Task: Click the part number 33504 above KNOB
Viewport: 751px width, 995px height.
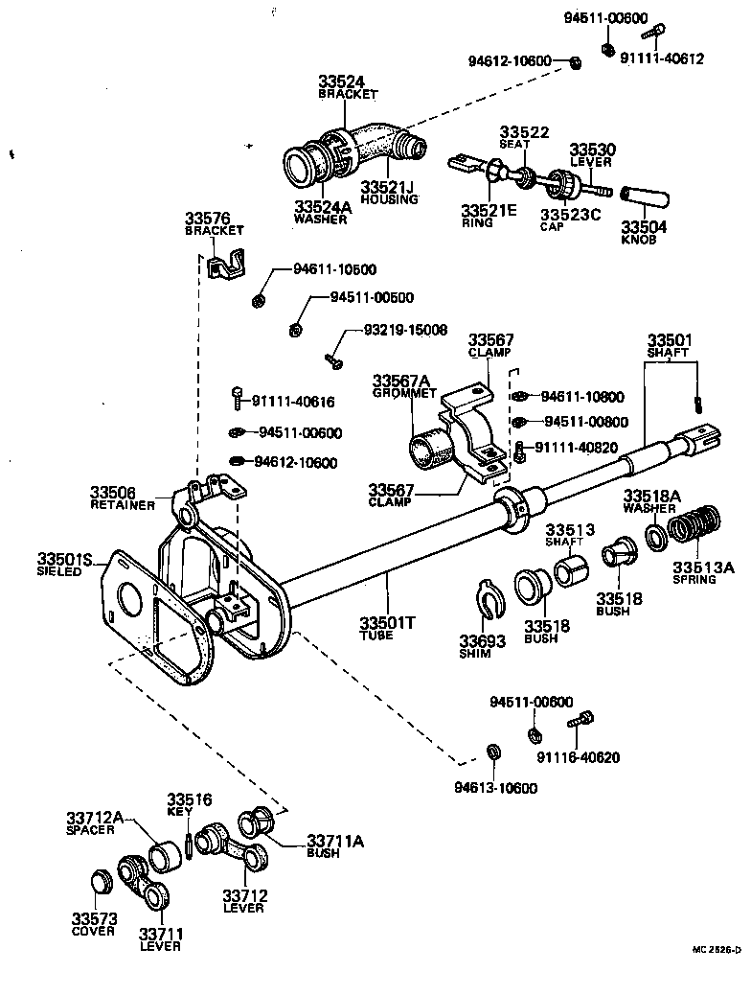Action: click(x=643, y=228)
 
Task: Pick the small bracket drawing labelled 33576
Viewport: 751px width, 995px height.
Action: click(x=226, y=266)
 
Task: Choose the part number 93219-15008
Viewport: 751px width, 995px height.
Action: click(x=405, y=330)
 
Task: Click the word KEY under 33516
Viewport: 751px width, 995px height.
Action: click(x=180, y=811)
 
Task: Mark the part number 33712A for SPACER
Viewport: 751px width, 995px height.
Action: click(x=95, y=818)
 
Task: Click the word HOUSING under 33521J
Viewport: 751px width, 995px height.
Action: click(x=389, y=199)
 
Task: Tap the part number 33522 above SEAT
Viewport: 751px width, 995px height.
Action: click(x=524, y=131)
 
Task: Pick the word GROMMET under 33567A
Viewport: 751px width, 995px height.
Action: click(x=404, y=393)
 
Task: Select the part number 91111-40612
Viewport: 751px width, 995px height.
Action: click(x=662, y=58)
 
